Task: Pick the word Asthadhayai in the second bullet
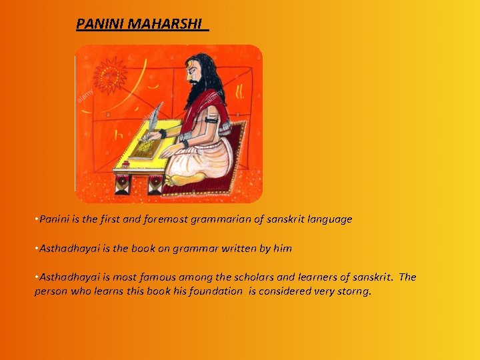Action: click(x=67, y=249)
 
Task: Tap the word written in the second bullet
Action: click(x=234, y=249)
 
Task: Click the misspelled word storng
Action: click(x=353, y=291)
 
